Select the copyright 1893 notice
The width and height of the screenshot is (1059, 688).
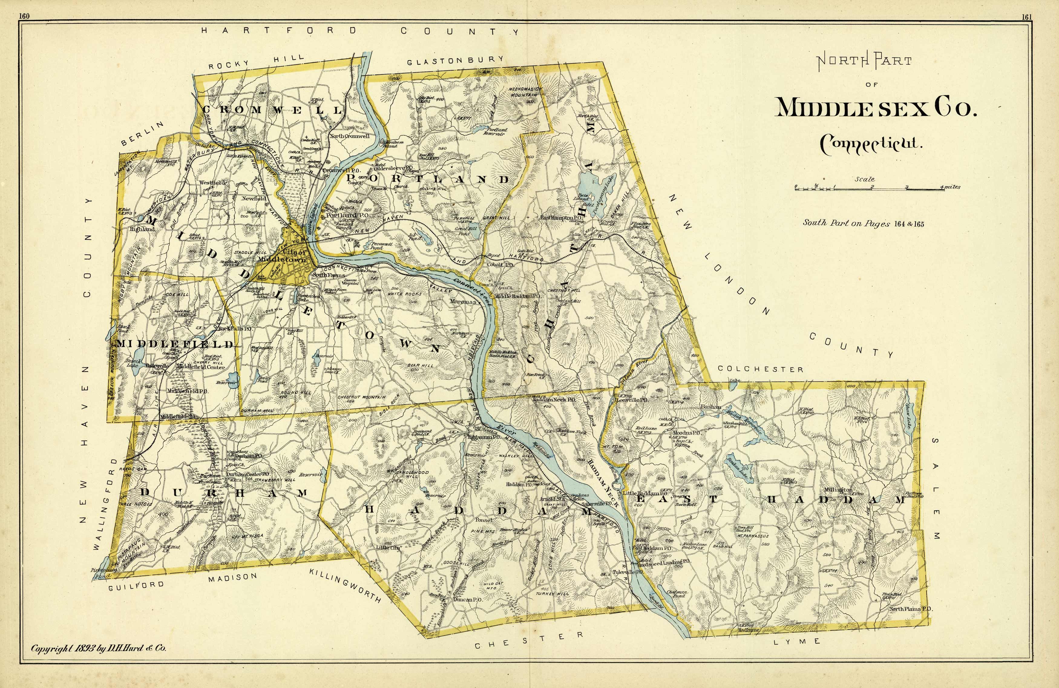98,648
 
